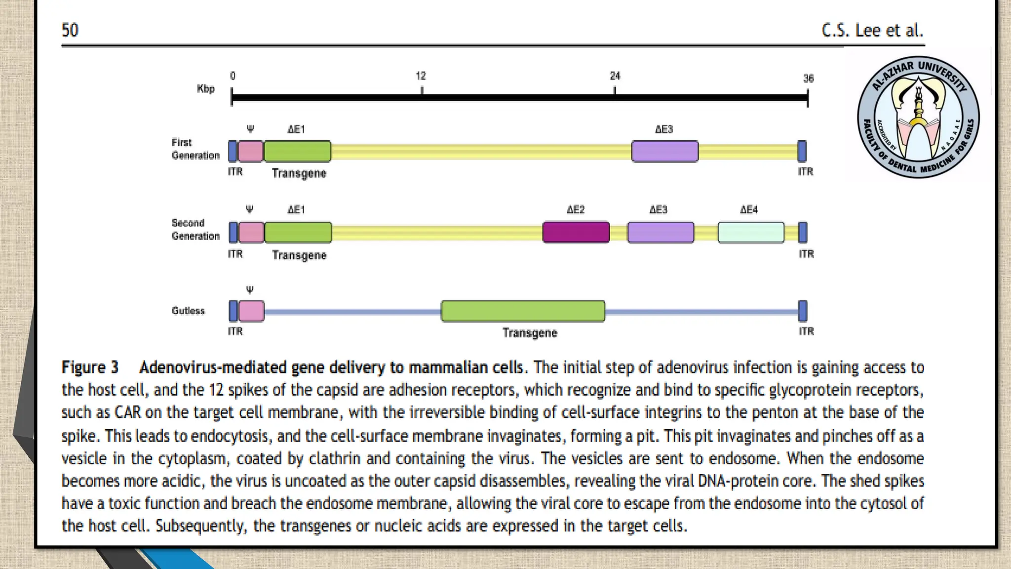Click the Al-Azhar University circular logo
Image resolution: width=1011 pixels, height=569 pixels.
point(918,117)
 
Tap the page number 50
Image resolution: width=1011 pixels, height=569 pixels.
point(70,30)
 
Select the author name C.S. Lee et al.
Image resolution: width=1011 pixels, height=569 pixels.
point(872,30)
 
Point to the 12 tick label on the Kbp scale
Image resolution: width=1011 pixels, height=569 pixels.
point(421,76)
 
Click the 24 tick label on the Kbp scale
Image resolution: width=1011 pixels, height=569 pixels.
point(615,76)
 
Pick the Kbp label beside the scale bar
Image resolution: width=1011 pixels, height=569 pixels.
point(206,89)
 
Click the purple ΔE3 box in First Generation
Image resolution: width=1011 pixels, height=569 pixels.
point(664,151)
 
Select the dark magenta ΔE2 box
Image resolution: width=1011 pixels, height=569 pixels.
point(576,232)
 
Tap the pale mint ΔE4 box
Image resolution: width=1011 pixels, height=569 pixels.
point(751,232)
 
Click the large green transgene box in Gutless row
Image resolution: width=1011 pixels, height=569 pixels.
point(523,311)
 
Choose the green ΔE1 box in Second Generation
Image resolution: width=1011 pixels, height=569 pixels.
point(298,232)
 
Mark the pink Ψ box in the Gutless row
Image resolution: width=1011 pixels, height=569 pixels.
point(251,311)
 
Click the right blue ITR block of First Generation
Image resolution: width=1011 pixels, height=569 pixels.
point(802,151)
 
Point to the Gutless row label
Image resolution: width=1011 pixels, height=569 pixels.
point(188,311)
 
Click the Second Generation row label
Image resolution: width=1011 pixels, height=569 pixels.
point(195,230)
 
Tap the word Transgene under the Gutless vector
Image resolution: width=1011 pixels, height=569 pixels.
point(530,333)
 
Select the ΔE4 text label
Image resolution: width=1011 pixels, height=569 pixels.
point(749,210)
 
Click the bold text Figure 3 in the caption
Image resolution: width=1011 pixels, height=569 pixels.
point(90,367)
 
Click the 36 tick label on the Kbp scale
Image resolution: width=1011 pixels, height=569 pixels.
point(808,79)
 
